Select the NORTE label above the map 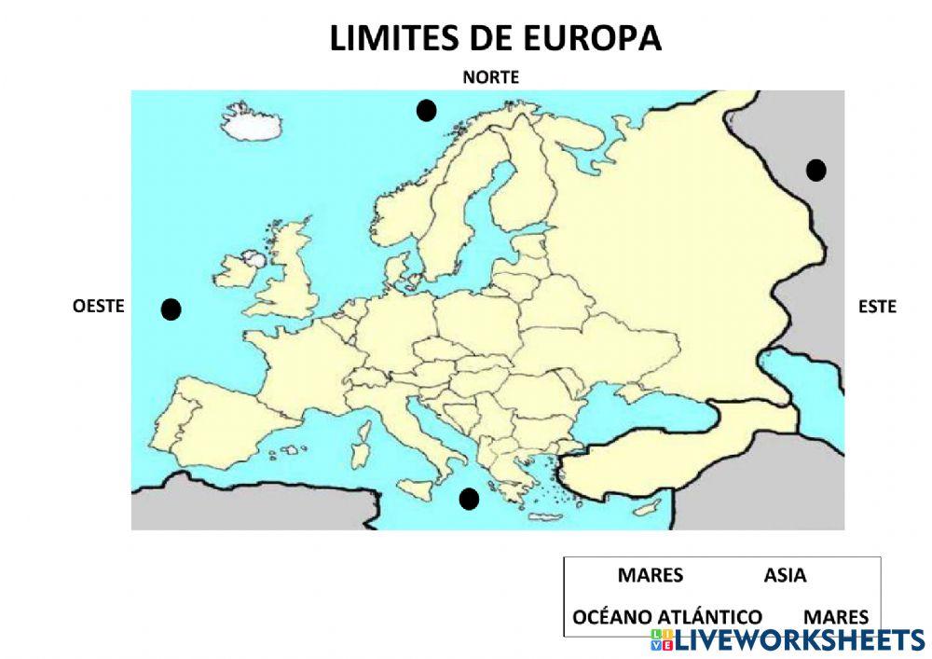click(490, 77)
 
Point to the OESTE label click(98, 306)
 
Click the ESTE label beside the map click(876, 306)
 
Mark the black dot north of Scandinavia click(426, 111)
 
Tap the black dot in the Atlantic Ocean click(171, 309)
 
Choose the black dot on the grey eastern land click(815, 170)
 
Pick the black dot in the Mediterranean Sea click(469, 499)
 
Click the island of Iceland click(250, 123)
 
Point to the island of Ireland click(237, 270)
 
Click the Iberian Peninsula click(210, 419)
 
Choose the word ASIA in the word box click(785, 576)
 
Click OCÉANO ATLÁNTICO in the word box click(666, 617)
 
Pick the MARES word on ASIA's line click(650, 576)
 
